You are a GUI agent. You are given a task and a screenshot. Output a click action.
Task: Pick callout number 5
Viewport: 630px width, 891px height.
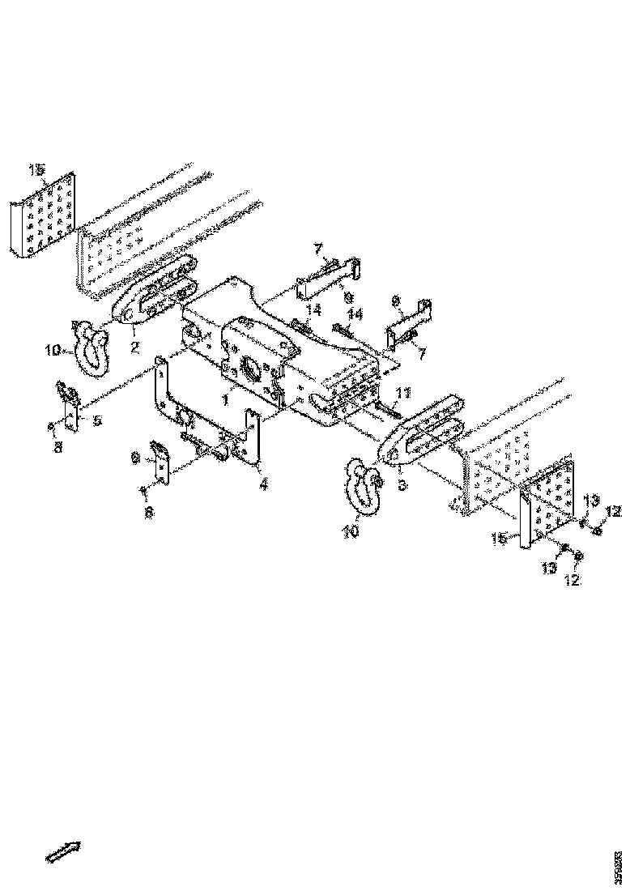pyautogui.click(x=96, y=421)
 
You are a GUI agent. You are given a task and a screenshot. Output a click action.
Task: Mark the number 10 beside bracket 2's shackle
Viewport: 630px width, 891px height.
pyautogui.click(x=54, y=351)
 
